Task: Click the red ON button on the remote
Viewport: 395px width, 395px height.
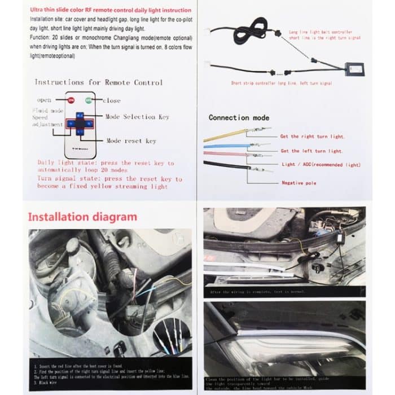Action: tap(72, 100)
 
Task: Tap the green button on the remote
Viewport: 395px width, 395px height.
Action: tap(89, 100)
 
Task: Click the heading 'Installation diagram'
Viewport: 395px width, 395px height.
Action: tap(82, 217)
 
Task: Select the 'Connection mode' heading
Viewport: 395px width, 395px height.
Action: tap(239, 118)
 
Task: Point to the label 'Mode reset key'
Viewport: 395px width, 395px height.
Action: tap(131, 141)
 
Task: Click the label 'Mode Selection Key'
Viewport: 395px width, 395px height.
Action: tap(137, 116)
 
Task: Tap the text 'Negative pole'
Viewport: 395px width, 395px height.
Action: tap(299, 183)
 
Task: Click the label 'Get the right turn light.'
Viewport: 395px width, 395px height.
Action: tap(312, 137)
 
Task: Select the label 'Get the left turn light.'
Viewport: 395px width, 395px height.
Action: tap(311, 151)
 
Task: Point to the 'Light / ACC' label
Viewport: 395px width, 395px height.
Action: tap(320, 165)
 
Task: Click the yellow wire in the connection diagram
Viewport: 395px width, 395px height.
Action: tap(223, 135)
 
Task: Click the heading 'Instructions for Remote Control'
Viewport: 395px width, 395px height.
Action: tap(98, 82)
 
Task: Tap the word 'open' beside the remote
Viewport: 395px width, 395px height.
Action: tap(44, 100)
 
